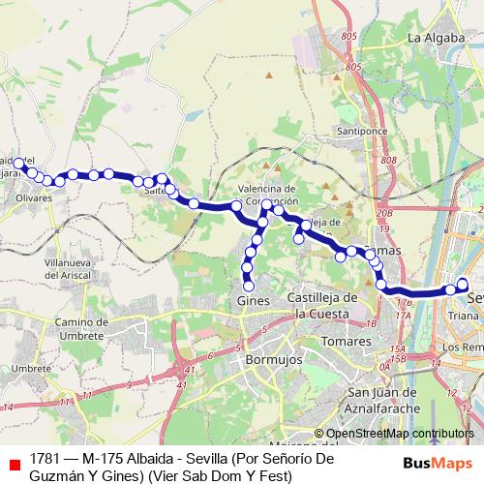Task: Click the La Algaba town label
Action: click(x=432, y=38)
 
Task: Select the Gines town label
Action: click(x=252, y=301)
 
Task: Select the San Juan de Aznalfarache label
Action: click(x=383, y=400)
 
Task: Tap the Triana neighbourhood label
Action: click(x=464, y=316)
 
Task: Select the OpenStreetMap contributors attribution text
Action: click(x=393, y=434)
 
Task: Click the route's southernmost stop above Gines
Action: click(x=248, y=286)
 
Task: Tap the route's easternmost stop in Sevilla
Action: click(x=463, y=284)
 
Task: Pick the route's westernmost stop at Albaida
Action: click(x=18, y=164)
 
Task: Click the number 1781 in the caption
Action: click(x=45, y=457)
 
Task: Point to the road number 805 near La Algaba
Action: click(x=352, y=67)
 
